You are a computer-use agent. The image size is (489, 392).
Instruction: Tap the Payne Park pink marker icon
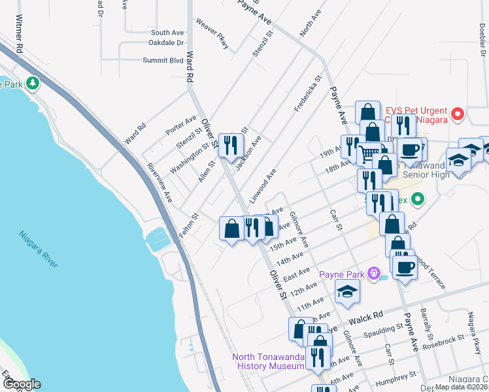pos(374,273)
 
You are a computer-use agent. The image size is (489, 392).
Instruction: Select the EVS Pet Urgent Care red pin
pos(458,115)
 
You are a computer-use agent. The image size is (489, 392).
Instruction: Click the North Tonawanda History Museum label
pos(269,361)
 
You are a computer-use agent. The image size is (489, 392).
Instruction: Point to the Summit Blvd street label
pos(163,60)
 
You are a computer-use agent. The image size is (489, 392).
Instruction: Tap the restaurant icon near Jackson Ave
pos(230,145)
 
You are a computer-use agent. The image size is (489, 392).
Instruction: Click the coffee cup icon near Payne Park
pos(404,266)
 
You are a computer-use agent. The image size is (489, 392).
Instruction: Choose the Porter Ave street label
pos(181,125)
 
